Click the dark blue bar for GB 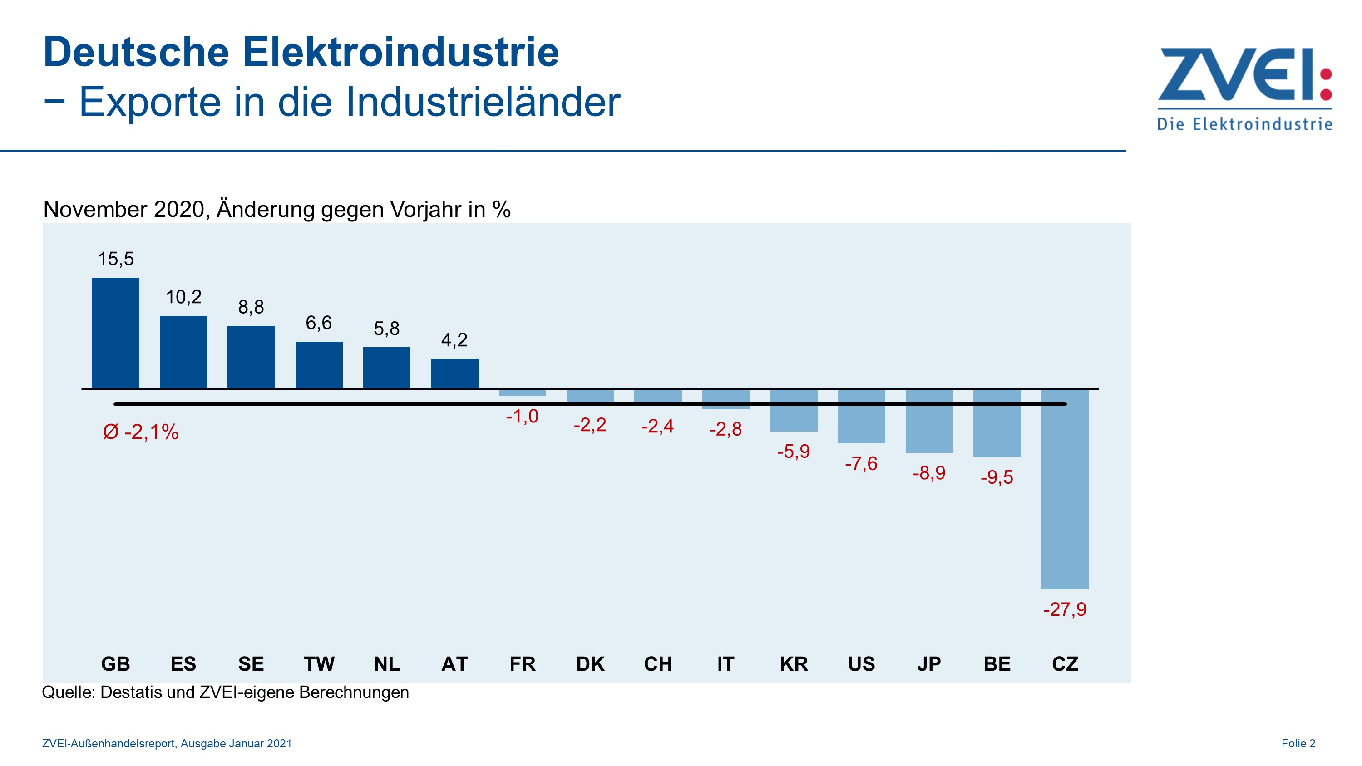115,333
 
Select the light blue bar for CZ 1064,489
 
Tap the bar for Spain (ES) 183,352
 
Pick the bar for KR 793,411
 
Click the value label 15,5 116,259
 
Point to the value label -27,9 1064,609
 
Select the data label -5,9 793,452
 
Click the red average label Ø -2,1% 141,432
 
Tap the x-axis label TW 319,663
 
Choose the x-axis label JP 929,663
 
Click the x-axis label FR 523,663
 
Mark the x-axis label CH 658,663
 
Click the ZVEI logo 1244,87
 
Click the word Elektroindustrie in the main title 400,52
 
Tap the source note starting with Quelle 225,692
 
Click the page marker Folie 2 1298,743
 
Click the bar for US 861,416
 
